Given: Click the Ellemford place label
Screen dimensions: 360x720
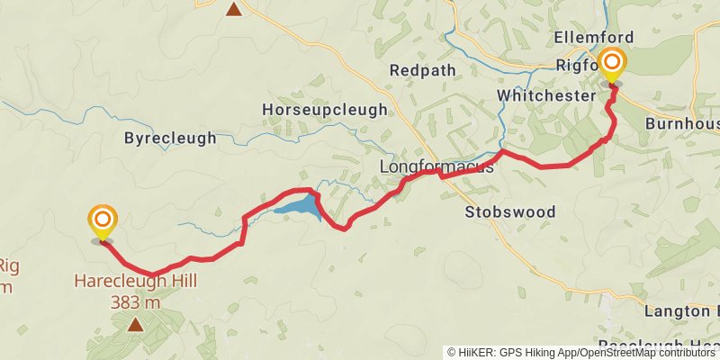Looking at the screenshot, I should (594, 38).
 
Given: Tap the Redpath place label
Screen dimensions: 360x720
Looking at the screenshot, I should (423, 70).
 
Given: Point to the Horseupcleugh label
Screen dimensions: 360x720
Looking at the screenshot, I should (324, 110).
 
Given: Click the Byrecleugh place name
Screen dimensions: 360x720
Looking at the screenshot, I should (170, 139).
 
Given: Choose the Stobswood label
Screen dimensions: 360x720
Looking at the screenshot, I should (510, 212).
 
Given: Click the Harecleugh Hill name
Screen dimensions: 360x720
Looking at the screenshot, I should (135, 283).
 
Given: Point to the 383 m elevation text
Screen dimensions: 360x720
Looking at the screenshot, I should (135, 302).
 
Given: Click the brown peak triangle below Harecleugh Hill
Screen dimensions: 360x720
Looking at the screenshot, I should (135, 324).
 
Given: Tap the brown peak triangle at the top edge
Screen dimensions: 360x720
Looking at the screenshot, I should (234, 10).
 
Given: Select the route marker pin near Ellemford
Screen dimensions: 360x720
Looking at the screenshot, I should (612, 65).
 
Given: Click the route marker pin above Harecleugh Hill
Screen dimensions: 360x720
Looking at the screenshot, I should (103, 221).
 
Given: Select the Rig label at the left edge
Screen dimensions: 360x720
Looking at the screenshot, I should (8, 266).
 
